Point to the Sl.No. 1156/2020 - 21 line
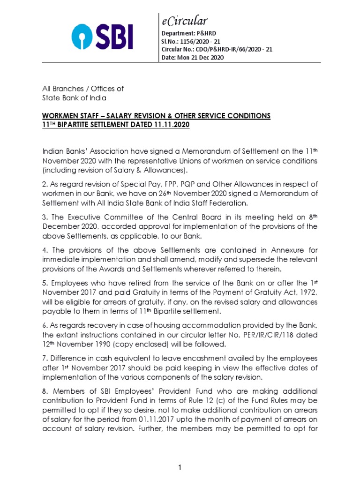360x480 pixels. (190, 42)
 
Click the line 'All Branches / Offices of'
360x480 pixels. (83, 89)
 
